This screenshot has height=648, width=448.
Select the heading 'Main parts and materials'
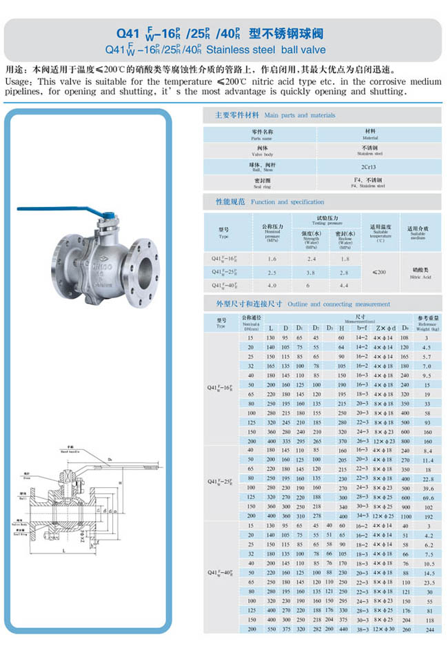[x=300, y=115]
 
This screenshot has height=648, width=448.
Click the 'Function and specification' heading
[x=287, y=202]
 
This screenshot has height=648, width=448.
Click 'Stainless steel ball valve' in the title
[x=265, y=50]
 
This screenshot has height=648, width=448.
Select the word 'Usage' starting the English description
[x=17, y=81]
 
